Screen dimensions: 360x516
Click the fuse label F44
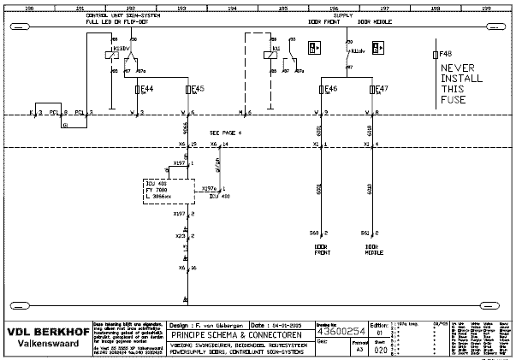click(146, 88)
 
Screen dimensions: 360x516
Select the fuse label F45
click(198, 88)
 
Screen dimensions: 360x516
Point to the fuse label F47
click(383, 88)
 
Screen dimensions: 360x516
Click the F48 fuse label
click(445, 54)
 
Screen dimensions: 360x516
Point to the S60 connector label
click(314, 233)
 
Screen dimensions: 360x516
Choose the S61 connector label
click(365, 233)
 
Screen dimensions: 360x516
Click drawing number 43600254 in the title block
click(342, 333)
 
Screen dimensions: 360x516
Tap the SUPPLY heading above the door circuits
click(342, 15)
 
